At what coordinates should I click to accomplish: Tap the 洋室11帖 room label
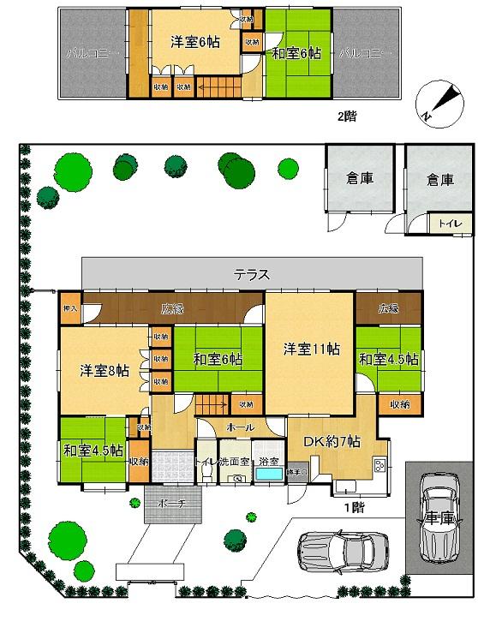pyautogui.click(x=312, y=349)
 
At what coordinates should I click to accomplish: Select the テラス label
pyautogui.click(x=253, y=275)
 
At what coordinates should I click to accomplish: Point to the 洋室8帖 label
pyautogui.click(x=105, y=371)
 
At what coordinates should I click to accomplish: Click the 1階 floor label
pyautogui.click(x=352, y=506)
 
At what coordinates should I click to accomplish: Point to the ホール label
pyautogui.click(x=239, y=426)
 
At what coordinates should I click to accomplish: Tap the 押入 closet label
pyautogui.click(x=70, y=309)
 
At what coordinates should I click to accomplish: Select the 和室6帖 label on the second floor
pyautogui.click(x=296, y=53)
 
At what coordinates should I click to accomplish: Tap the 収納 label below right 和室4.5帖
pyautogui.click(x=399, y=403)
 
